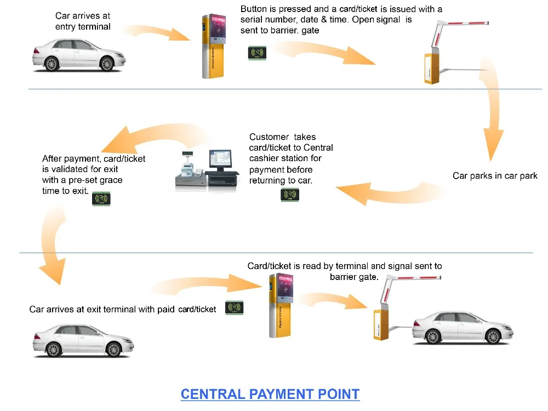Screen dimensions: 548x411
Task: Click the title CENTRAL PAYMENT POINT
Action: pyautogui.click(x=270, y=394)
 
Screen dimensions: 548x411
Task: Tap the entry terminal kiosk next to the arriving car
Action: pyautogui.click(x=214, y=46)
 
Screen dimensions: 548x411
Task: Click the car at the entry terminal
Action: pyautogui.click(x=78, y=55)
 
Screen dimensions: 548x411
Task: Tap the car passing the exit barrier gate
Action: pyautogui.click(x=463, y=328)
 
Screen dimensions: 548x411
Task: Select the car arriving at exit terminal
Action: pyautogui.click(x=83, y=341)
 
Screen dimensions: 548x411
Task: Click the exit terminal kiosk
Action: pyautogui.click(x=281, y=305)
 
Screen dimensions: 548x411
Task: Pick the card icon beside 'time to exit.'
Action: pyautogui.click(x=101, y=199)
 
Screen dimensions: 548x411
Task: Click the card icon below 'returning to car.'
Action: pyautogui.click(x=290, y=195)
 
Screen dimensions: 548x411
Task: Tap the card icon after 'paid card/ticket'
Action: pyautogui.click(x=234, y=308)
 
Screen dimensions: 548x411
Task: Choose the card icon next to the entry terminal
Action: pyautogui.click(x=257, y=53)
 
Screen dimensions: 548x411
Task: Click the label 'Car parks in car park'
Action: pyautogui.click(x=495, y=176)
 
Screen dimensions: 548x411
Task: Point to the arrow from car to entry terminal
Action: pyautogui.click(x=157, y=32)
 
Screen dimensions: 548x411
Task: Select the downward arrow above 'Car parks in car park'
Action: pyautogui.click(x=492, y=109)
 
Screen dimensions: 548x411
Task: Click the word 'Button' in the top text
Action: pyautogui.click(x=253, y=9)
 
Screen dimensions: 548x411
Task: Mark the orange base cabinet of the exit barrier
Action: pyautogui.click(x=381, y=324)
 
